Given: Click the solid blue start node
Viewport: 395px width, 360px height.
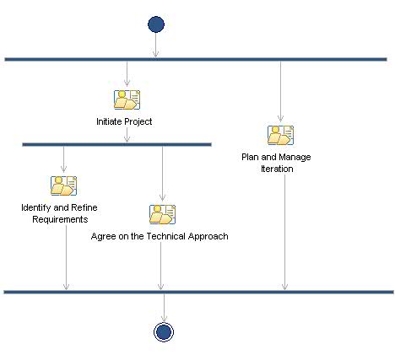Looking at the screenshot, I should click(x=155, y=24).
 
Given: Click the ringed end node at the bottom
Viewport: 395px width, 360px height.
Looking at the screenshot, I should click(x=164, y=332).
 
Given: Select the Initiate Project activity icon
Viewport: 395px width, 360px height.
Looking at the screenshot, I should click(x=127, y=100).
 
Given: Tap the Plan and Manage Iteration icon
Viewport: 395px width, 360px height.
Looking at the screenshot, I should click(x=280, y=135).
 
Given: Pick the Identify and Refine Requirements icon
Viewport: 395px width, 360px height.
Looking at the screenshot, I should click(x=63, y=185).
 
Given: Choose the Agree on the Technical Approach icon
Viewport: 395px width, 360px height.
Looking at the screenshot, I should click(x=162, y=214).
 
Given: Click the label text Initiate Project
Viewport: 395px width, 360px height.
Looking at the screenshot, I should click(x=124, y=121).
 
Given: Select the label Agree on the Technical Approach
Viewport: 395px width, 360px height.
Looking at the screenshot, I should click(x=160, y=236).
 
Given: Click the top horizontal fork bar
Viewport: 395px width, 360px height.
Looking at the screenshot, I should click(x=196, y=59).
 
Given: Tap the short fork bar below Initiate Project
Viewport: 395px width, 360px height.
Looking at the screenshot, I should click(x=116, y=144).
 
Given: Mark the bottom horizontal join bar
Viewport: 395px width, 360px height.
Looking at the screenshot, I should click(x=198, y=292).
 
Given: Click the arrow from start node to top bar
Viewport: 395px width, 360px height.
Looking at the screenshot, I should click(x=155, y=46).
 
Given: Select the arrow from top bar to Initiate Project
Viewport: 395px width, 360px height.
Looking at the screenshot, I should click(x=127, y=73).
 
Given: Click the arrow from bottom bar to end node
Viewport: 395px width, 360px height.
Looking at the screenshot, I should click(x=164, y=307).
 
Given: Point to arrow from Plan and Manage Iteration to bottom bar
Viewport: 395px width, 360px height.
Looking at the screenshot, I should click(x=284, y=232).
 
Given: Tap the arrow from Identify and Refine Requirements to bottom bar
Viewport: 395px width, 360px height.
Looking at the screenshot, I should click(x=66, y=257).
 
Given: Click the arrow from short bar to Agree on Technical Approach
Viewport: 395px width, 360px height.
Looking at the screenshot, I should click(x=162, y=173).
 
